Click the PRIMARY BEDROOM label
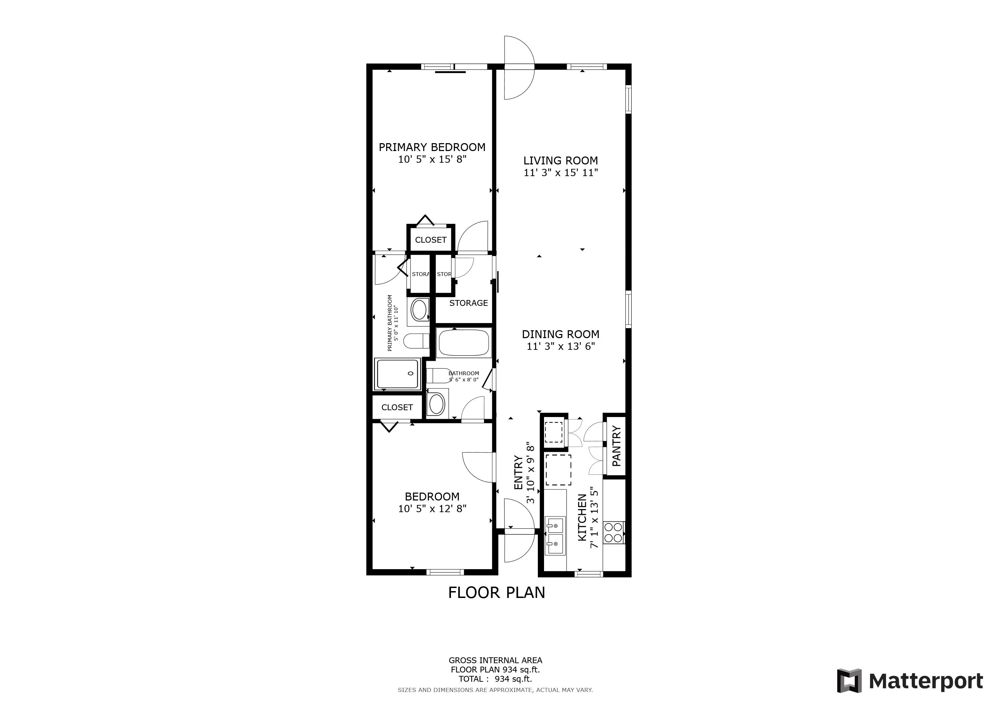(x=432, y=147)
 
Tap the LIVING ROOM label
(x=560, y=161)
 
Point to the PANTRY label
(x=616, y=446)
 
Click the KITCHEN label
(x=582, y=517)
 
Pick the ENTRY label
(x=518, y=472)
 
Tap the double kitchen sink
(x=555, y=536)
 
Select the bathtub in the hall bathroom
(x=464, y=343)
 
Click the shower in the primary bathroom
(x=398, y=373)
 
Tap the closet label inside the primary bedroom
(x=431, y=240)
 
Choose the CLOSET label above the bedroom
(x=397, y=407)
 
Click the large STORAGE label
(x=469, y=303)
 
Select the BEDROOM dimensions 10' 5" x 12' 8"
(x=432, y=508)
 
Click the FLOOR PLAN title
(x=497, y=592)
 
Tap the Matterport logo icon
(x=849, y=680)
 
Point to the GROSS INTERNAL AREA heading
(x=495, y=660)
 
